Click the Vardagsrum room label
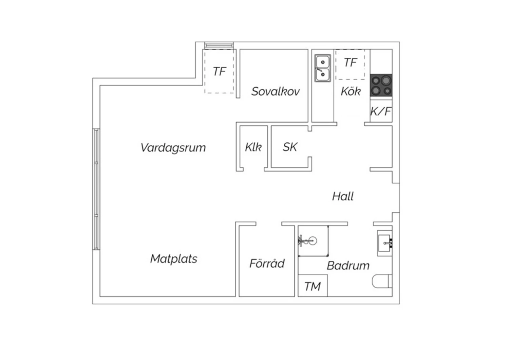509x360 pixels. point(173,148)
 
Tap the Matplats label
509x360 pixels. point(174,259)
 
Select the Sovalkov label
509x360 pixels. point(276,91)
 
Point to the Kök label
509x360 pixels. point(351,91)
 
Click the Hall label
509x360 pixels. point(343,196)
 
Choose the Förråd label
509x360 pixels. point(267,263)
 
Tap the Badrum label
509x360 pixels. point(348,266)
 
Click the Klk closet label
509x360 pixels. point(253,147)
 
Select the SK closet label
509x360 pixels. point(290,147)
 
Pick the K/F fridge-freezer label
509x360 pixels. point(381,111)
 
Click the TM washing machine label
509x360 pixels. point(313,287)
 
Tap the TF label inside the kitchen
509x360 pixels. point(351,62)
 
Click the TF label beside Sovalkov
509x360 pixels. point(220,71)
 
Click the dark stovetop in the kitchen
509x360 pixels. point(381,85)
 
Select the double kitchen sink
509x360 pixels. point(323,68)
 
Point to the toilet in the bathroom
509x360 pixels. point(382,281)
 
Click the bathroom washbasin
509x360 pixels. point(385,243)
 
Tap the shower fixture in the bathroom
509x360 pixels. point(307,241)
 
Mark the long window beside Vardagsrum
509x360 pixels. point(96,189)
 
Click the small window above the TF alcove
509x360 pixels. point(219,45)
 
